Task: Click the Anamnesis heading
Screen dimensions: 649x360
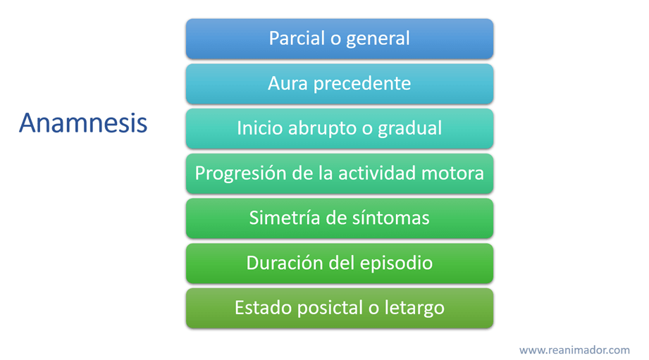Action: tap(83, 123)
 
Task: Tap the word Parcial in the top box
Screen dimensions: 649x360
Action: tap(297, 38)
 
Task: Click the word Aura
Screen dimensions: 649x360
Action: tap(288, 83)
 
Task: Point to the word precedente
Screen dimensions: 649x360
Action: tap(362, 84)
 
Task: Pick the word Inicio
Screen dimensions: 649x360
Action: tap(259, 128)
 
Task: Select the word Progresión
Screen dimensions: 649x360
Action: tap(240, 174)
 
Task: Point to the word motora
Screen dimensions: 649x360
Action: tap(452, 174)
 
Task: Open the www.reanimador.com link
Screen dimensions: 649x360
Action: tap(574, 350)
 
